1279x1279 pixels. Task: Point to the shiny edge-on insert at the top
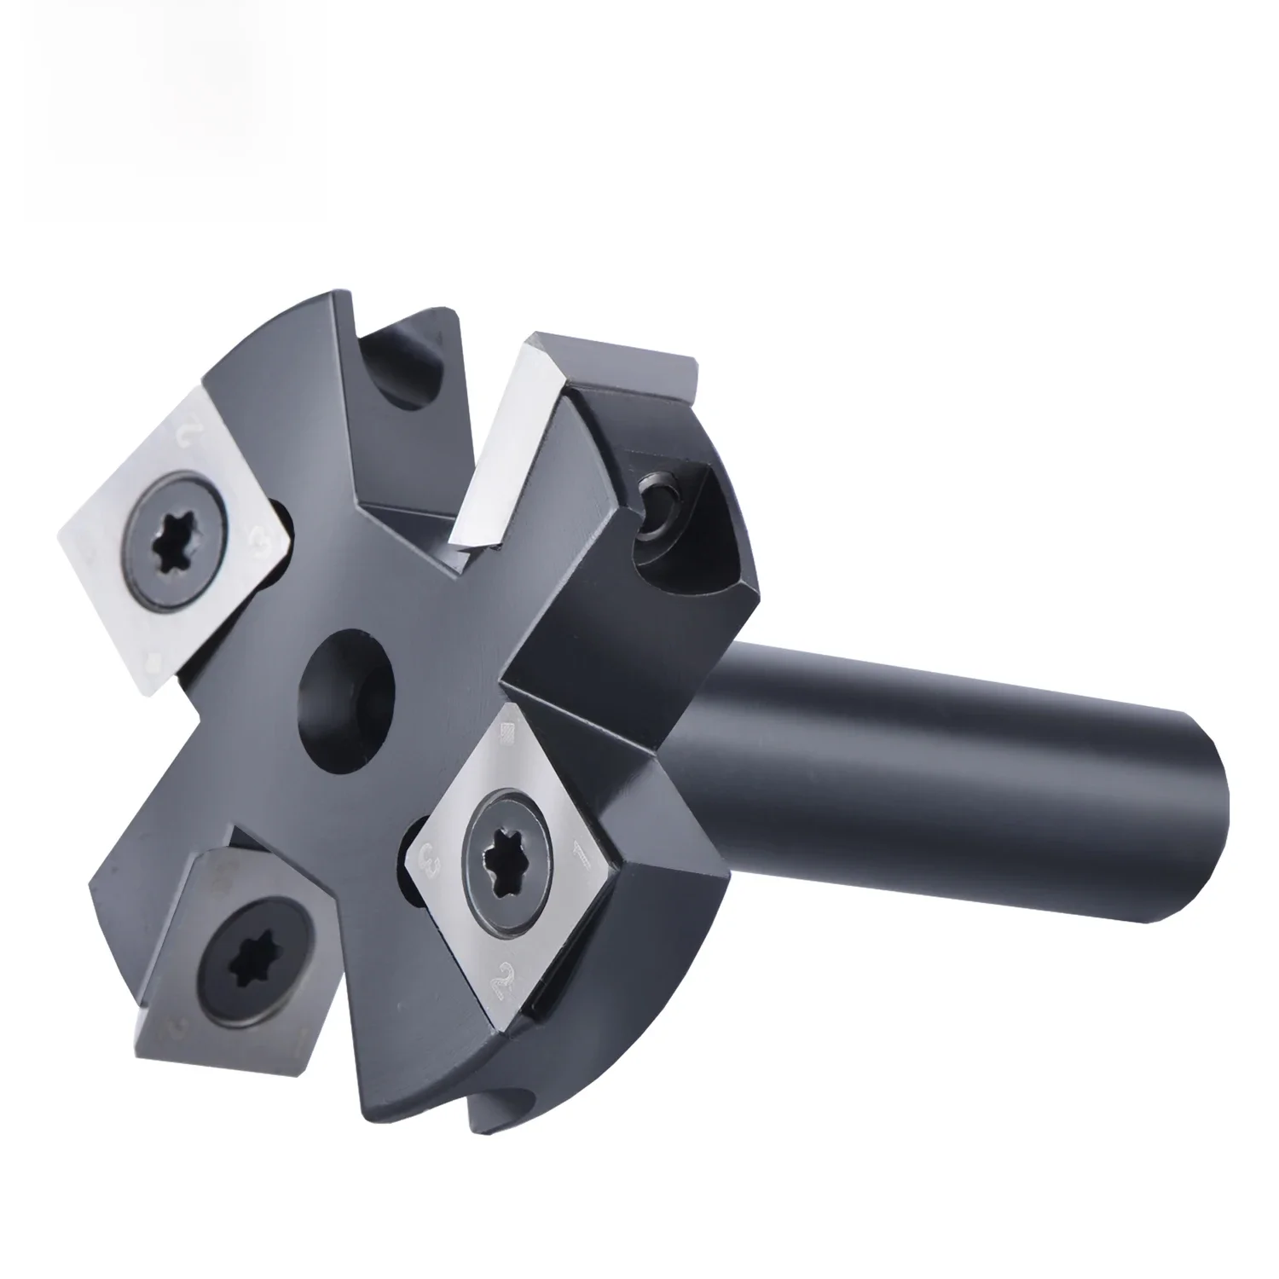pos(503,443)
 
